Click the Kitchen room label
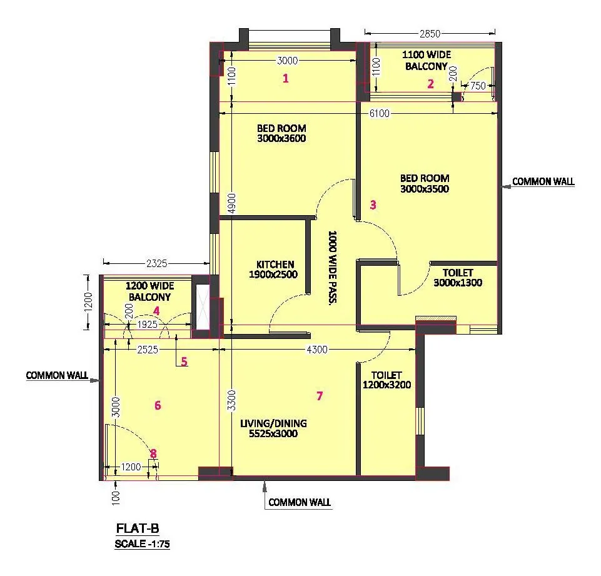[x=275, y=269]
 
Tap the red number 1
[x=286, y=78]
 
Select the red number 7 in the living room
[x=320, y=395]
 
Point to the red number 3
[x=373, y=205]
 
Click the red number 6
[x=158, y=405]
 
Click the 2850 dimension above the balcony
[x=430, y=33]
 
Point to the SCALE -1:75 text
[x=142, y=544]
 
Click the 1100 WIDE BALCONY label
[x=426, y=60]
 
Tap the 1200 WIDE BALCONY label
[x=149, y=292]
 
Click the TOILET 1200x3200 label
[x=386, y=380]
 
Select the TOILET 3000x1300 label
[x=458, y=278]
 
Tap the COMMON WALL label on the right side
[x=543, y=182]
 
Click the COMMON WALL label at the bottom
[x=300, y=502]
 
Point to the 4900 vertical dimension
[x=231, y=202]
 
